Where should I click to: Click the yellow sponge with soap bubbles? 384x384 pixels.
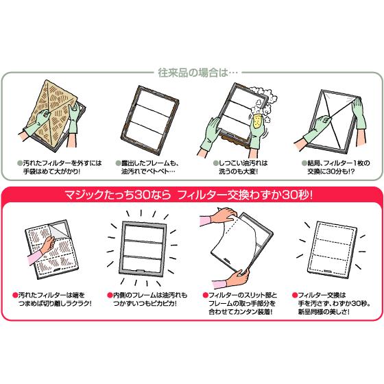click(258, 121)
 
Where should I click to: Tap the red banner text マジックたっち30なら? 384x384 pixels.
click(117, 195)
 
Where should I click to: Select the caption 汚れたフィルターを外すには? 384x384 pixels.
click(62, 163)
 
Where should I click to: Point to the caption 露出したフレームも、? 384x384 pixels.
click(150, 163)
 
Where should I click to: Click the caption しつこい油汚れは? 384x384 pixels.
click(243, 163)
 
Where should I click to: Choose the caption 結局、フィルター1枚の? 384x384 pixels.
click(339, 163)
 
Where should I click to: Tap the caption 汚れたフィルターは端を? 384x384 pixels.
click(51, 295)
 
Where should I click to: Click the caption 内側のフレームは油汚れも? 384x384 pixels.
click(150, 295)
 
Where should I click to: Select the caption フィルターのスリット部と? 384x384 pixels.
click(243, 295)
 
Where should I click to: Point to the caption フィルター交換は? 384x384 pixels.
click(322, 295)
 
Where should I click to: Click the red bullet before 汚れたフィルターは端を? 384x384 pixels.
click(15, 295)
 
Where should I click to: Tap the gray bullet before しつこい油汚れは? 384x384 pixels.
click(215, 163)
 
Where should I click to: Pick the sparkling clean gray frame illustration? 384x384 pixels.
click(143, 248)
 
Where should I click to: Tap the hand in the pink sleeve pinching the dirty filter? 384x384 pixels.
click(48, 245)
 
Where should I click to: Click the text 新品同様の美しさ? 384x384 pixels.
click(324, 312)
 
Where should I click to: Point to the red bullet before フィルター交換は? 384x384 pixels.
click(295, 295)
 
